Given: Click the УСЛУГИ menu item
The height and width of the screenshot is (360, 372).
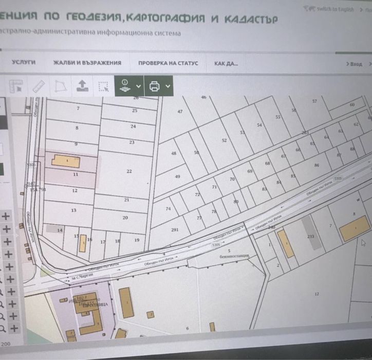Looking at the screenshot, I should point(23,63).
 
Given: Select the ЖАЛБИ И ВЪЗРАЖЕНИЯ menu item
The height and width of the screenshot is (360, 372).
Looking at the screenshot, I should point(87,63).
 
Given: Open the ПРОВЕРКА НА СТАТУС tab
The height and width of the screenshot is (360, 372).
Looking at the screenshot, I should point(168,64).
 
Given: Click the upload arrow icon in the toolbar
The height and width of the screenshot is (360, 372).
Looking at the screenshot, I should point(81,85).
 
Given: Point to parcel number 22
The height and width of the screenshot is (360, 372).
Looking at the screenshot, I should point(129,171).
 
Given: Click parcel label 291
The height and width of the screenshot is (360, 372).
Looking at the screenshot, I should point(174,230).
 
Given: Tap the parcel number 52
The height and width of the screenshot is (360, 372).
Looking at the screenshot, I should point(224,140).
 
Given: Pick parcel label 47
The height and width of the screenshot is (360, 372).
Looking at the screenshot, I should point(180,112).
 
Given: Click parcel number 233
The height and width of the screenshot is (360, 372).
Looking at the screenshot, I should point(310,236).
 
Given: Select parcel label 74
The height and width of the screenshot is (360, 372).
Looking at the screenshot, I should point(168,209).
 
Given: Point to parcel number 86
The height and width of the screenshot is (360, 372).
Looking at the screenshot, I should point(317,165).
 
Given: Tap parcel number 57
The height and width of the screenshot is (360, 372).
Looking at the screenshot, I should point(314,101).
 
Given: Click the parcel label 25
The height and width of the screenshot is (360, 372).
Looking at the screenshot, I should point(135,111).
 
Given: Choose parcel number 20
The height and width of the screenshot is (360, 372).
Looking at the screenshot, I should point(125,218).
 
